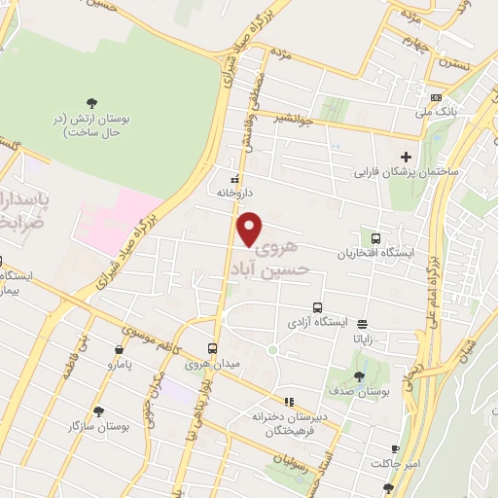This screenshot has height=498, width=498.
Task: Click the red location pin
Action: coord(250,230)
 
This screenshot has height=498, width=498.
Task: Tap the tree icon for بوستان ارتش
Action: coord(91,102)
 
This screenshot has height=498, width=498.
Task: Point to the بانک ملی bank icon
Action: coord(436,98)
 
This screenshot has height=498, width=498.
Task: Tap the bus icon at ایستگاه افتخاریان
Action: coord(375,238)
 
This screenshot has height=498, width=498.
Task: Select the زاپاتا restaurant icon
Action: coord(363,324)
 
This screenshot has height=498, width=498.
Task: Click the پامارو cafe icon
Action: coord(119,350)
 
